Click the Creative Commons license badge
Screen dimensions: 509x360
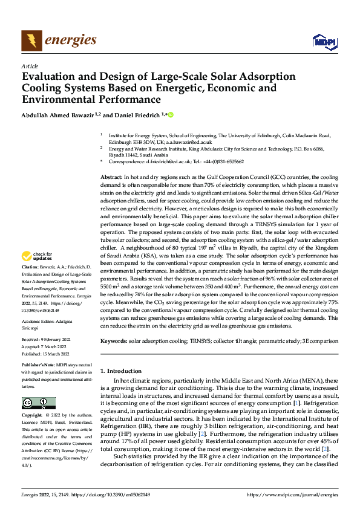tap(39, 403)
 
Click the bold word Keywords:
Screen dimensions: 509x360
tap(114, 342)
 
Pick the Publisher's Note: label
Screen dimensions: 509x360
tap(38, 366)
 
